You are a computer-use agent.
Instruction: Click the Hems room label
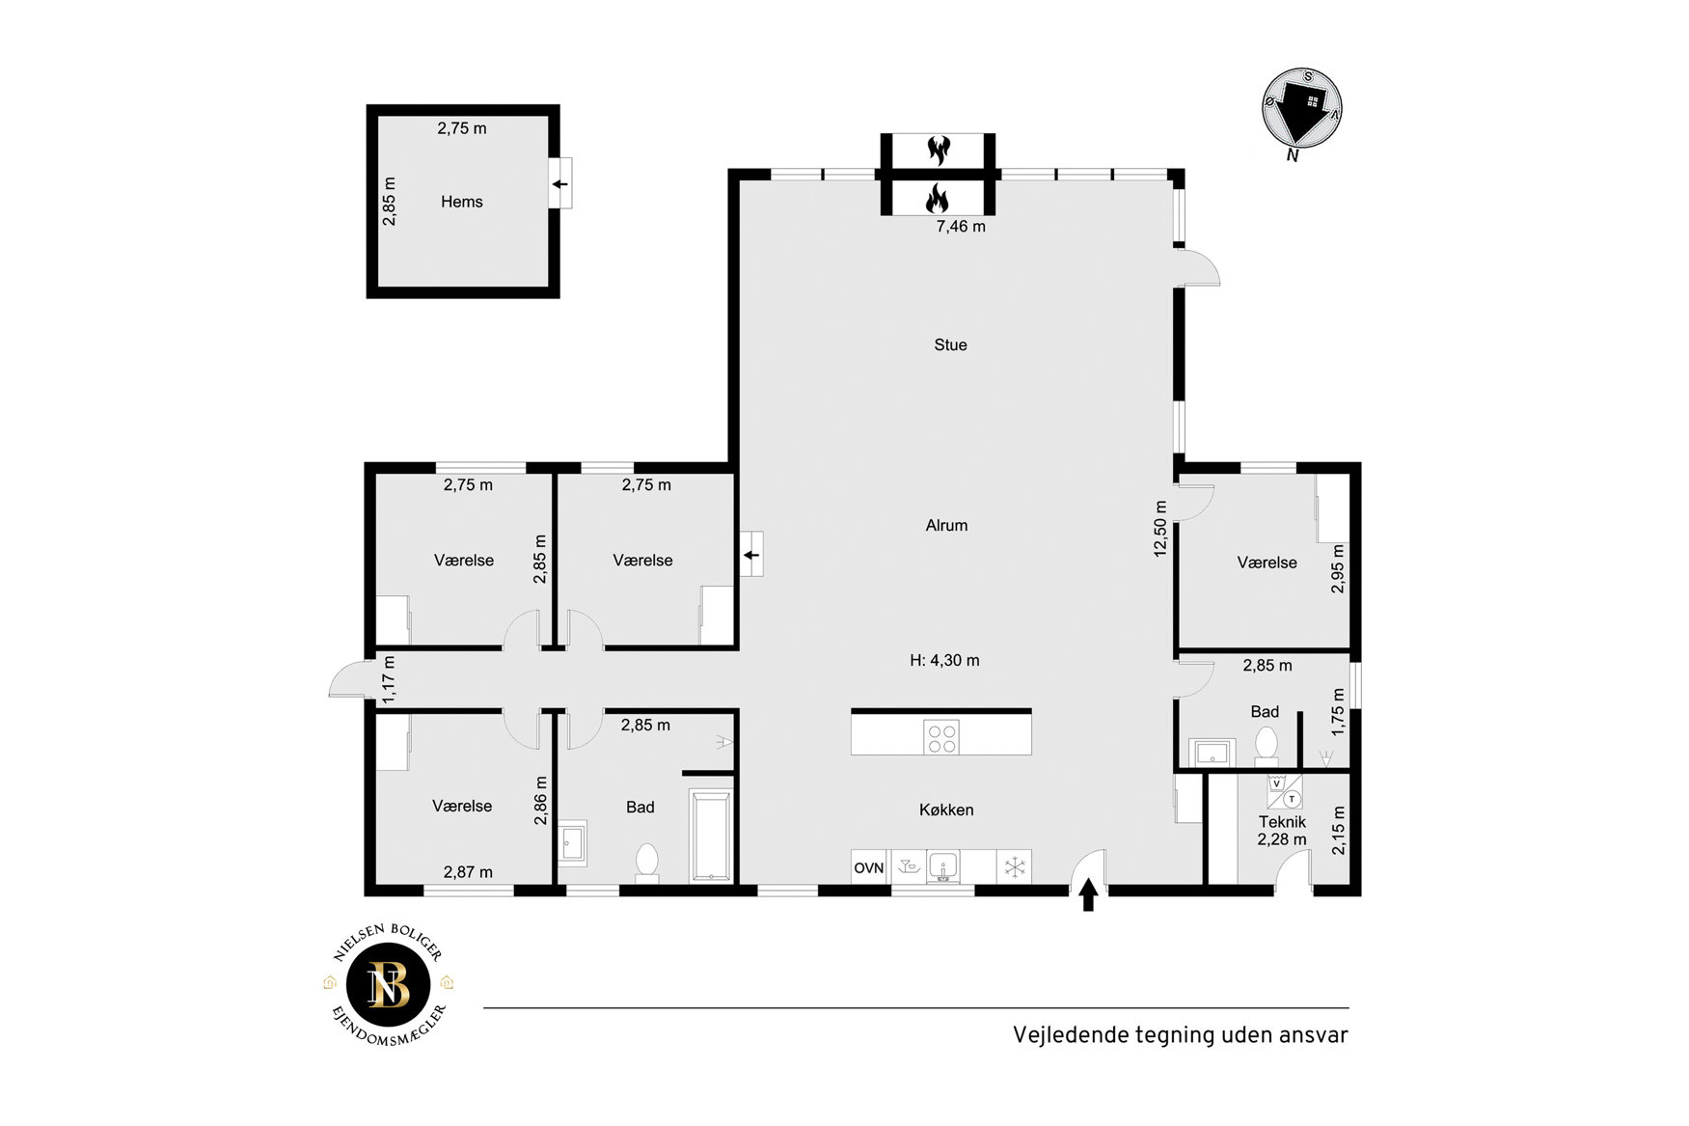point(461,202)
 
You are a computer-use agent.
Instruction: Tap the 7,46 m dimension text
point(961,227)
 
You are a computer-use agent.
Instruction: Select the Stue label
point(950,344)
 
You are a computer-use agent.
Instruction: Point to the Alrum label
point(946,525)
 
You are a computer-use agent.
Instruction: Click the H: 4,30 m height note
point(944,660)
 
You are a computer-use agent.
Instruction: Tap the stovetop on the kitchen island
point(941,737)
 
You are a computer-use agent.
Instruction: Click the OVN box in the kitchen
point(869,867)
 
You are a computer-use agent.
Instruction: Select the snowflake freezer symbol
point(1014,867)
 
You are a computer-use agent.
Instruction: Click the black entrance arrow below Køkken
point(1088,894)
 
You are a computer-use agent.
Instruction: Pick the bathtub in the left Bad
point(710,836)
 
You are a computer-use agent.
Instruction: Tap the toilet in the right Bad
point(1267,746)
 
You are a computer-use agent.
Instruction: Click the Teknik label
point(1282,822)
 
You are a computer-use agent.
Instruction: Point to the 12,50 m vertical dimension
point(1160,529)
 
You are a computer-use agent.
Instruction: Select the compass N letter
point(1293,154)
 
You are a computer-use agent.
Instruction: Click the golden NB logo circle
point(388,984)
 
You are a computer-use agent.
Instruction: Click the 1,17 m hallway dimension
point(389,679)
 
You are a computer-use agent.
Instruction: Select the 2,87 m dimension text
point(468,872)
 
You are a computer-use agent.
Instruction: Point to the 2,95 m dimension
point(1338,568)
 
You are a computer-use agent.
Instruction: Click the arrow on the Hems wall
point(559,183)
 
